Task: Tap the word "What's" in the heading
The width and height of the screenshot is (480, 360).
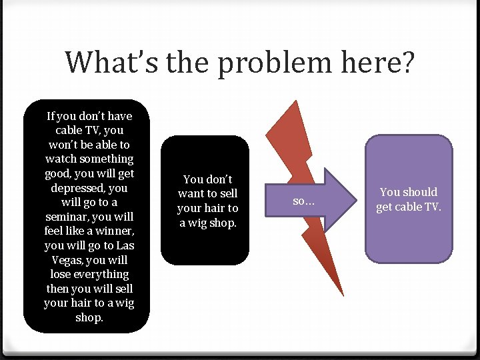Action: point(103,62)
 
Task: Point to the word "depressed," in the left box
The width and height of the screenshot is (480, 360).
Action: point(79,188)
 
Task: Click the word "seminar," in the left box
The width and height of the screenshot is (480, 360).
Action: point(69,217)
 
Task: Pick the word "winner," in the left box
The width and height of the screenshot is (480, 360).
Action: point(110,231)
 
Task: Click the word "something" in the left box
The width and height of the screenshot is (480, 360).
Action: point(107,159)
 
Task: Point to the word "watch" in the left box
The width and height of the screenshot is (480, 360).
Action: point(61,159)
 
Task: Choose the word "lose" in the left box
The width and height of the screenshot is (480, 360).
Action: point(62,274)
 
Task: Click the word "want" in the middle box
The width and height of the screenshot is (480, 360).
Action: point(191,193)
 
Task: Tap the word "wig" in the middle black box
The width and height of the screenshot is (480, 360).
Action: point(197,223)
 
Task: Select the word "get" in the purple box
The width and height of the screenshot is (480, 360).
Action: point(385,207)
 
